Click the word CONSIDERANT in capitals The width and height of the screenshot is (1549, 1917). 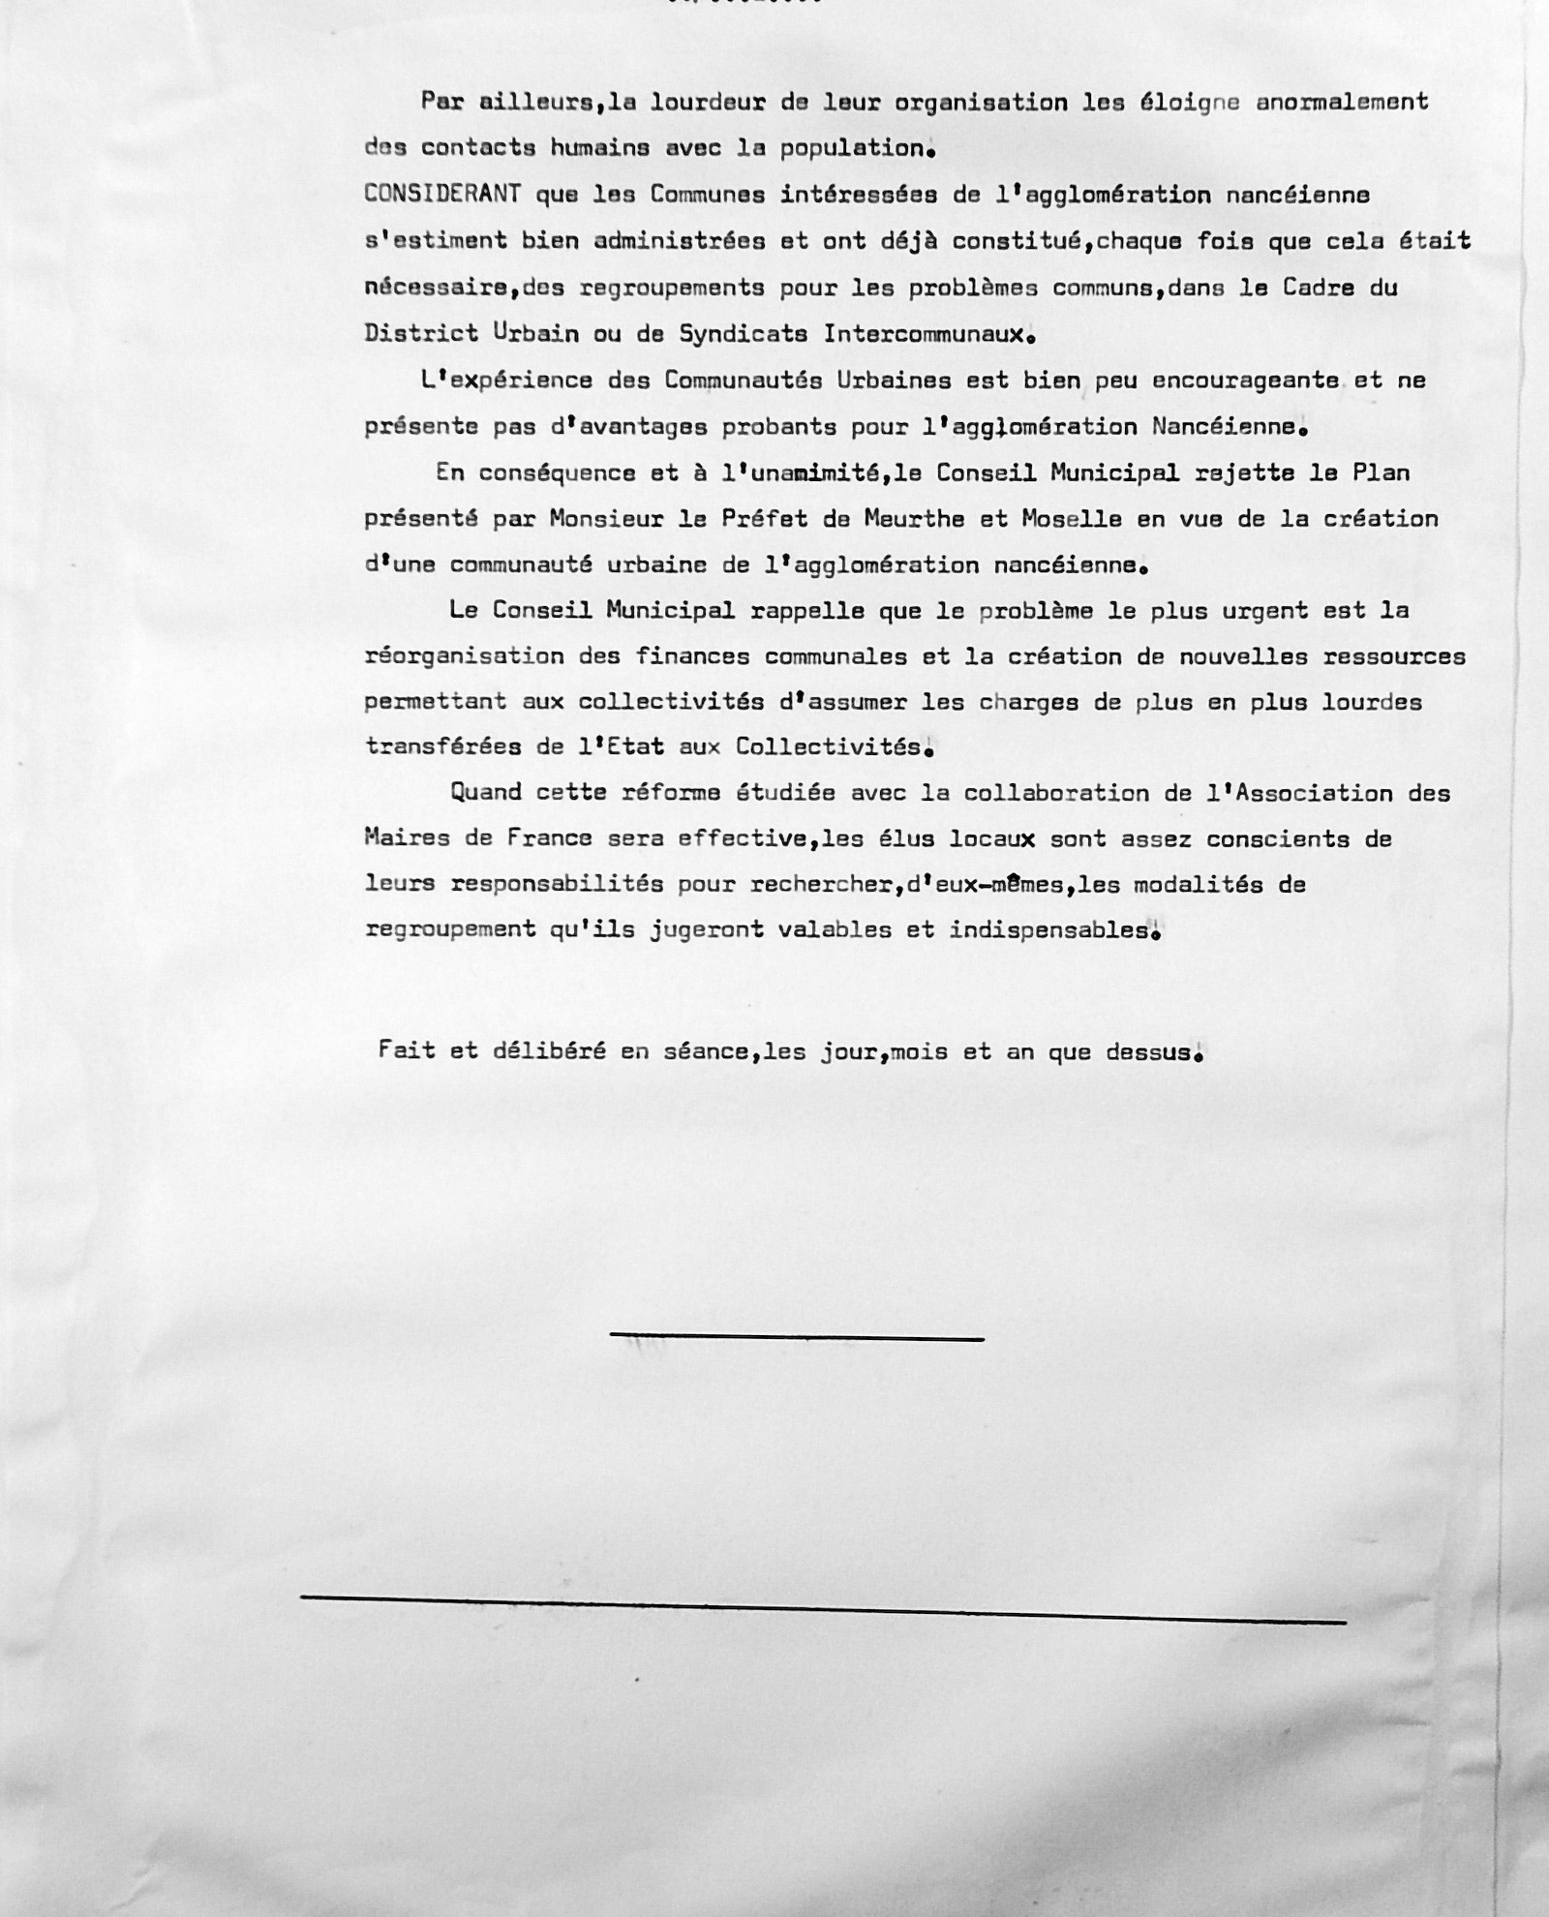pyautogui.click(x=442, y=194)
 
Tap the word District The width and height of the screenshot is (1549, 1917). pyautogui.click(x=421, y=333)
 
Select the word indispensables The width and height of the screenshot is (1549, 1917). pyautogui.click(x=1049, y=930)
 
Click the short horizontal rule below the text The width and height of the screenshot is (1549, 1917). pyautogui.click(x=797, y=1337)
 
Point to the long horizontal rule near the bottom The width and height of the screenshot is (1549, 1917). pyautogui.click(x=823, y=1608)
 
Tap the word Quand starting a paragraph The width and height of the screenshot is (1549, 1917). pyautogui.click(x=485, y=793)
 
